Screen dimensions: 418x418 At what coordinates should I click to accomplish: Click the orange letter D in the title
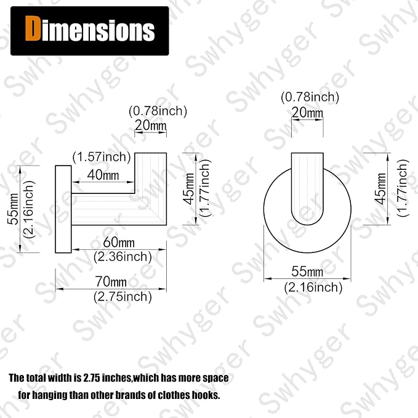pyautogui.click(x=32, y=29)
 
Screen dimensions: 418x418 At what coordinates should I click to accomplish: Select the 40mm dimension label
pyautogui.click(x=103, y=175)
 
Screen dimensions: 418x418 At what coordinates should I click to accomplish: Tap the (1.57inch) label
pyautogui.click(x=102, y=157)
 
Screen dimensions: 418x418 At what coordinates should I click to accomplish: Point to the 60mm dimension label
pyautogui.click(x=119, y=242)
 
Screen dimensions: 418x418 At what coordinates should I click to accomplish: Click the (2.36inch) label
pyautogui.click(x=123, y=257)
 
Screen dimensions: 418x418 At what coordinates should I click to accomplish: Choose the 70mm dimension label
pyautogui.click(x=111, y=281)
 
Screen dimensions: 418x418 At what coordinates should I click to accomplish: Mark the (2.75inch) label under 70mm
pyautogui.click(x=123, y=297)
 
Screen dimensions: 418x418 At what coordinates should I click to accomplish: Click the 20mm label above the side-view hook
pyautogui.click(x=151, y=125)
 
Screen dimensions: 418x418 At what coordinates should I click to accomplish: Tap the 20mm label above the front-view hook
pyautogui.click(x=307, y=112)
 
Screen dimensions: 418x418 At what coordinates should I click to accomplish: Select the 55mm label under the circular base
pyautogui.click(x=307, y=271)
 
